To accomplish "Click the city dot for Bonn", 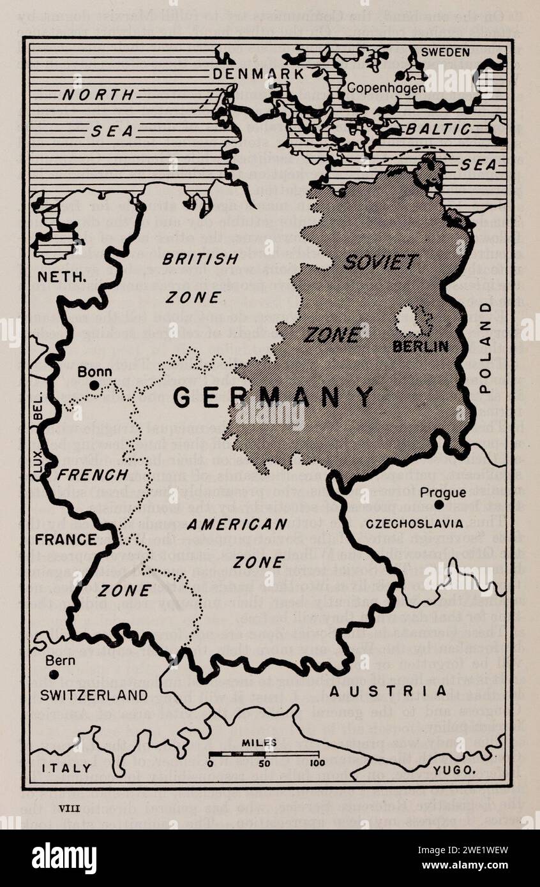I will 94,385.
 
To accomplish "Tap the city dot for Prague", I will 439,505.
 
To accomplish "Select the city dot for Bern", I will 54,674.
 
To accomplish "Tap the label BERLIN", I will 420,347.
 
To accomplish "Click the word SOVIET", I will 380,262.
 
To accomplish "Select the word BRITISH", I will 200,259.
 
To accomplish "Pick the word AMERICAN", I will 237,525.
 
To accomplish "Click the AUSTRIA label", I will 387,691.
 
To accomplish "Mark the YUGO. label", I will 454,770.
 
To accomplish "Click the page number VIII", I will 67,809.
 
